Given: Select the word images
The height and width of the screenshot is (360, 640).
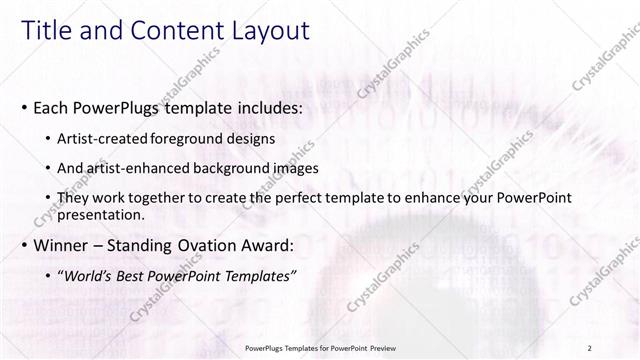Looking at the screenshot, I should [x=294, y=168].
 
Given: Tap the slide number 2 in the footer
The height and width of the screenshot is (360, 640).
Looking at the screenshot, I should [x=591, y=348].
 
